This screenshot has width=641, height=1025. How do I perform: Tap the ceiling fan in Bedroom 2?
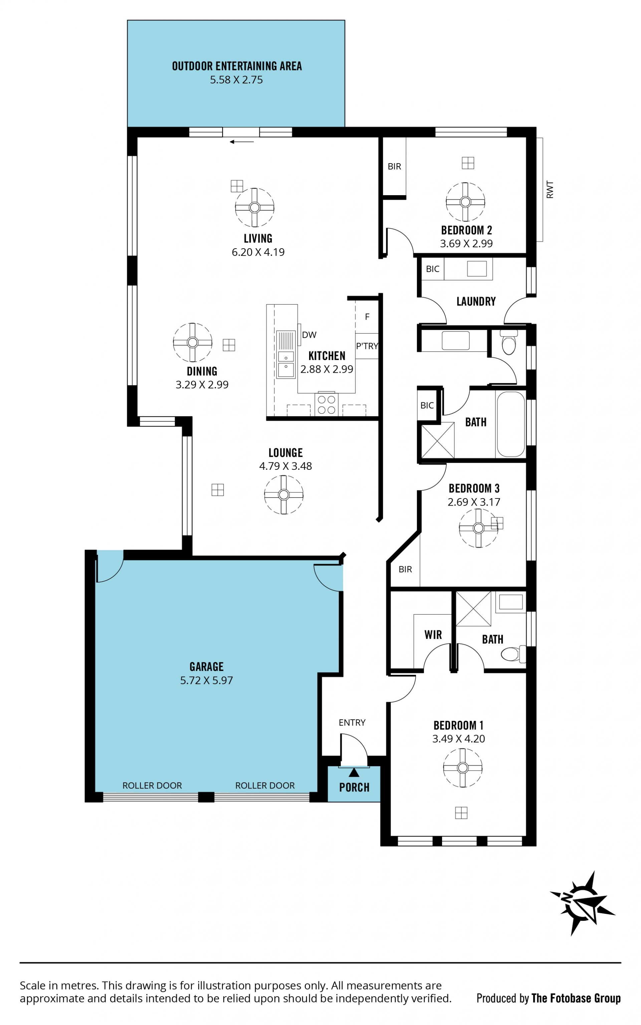click(465, 202)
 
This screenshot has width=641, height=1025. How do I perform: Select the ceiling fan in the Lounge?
click(284, 495)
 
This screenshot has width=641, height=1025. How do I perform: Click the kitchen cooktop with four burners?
click(327, 404)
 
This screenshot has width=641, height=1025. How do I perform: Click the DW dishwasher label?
click(309, 335)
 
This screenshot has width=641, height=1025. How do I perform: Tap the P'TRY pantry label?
click(367, 346)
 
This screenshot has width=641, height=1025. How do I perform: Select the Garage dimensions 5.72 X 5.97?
click(206, 680)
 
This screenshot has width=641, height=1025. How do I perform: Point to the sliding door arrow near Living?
click(242, 142)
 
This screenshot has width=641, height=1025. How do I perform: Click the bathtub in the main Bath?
click(511, 424)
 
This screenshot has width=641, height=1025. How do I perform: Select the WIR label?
click(433, 635)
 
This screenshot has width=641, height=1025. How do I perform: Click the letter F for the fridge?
click(367, 317)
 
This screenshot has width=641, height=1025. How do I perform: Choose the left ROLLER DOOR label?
click(152, 786)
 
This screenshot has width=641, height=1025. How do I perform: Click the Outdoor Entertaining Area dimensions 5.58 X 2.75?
click(237, 80)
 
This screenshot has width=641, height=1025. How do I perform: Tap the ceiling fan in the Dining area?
click(193, 342)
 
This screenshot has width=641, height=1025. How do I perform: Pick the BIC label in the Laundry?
click(432, 269)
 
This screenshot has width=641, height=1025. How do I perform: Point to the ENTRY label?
click(352, 723)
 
